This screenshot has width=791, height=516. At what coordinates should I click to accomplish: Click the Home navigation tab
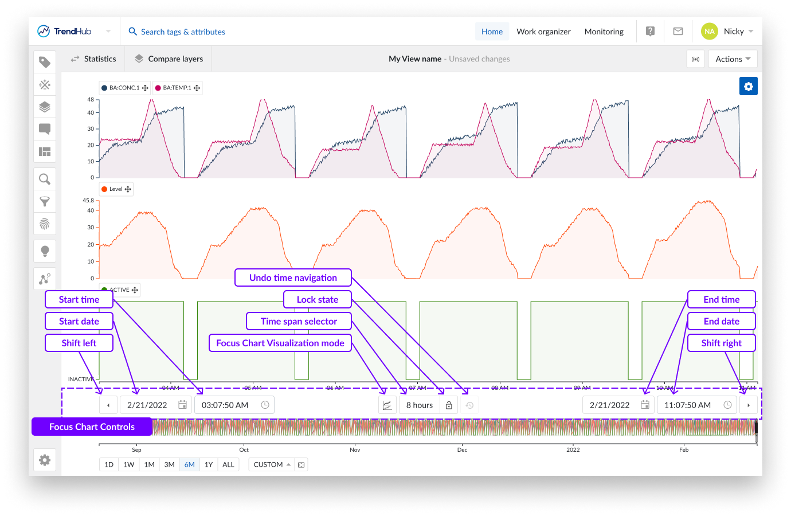(492, 32)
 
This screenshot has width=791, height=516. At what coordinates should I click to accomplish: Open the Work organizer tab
(543, 32)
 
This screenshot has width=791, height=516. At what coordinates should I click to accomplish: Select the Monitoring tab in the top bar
(604, 32)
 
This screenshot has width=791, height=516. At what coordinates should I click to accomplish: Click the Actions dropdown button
(733, 59)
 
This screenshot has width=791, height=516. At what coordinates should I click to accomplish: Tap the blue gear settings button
(748, 87)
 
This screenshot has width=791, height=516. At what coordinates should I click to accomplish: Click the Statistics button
(93, 59)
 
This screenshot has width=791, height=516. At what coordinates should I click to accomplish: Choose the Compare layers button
(169, 59)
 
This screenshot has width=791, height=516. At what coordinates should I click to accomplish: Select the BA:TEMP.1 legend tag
(177, 88)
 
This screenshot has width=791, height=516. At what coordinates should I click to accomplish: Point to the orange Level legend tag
(116, 189)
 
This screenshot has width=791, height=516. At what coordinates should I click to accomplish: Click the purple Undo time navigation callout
(293, 277)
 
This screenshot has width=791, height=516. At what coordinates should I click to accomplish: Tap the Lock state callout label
(317, 299)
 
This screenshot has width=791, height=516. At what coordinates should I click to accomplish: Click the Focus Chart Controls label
(92, 427)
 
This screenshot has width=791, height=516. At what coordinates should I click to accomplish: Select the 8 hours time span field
(419, 405)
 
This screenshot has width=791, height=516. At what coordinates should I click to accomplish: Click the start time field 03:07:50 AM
(225, 405)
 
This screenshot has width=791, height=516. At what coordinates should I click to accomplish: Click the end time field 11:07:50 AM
(687, 405)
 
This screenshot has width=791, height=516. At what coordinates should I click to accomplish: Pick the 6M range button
(189, 464)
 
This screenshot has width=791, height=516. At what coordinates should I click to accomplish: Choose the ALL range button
(228, 464)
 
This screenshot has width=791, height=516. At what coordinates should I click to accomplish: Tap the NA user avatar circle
(709, 32)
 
